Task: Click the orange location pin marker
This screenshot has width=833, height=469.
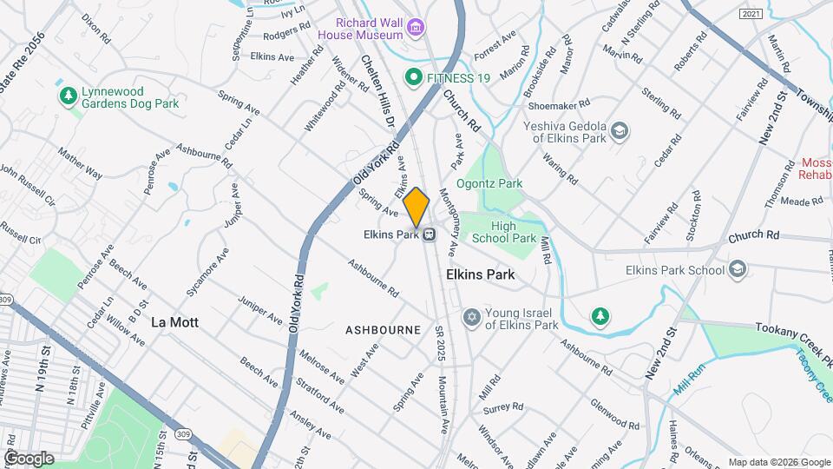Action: coord(416,206)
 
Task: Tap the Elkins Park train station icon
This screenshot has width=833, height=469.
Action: coord(429,234)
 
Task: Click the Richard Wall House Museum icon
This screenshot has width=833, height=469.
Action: coord(416,28)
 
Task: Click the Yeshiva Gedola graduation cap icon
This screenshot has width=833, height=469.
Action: coord(619,131)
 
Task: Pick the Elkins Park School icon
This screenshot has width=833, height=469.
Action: coord(738,269)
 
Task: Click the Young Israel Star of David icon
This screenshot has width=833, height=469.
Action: coord(471,318)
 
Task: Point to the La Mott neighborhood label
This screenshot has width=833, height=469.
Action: coord(174,322)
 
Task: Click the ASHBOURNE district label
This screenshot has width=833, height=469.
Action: coord(383,330)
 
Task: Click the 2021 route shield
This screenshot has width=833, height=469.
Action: coord(752,14)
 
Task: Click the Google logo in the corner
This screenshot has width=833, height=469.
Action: coord(28,458)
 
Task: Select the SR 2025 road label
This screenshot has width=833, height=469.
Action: coord(440,345)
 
